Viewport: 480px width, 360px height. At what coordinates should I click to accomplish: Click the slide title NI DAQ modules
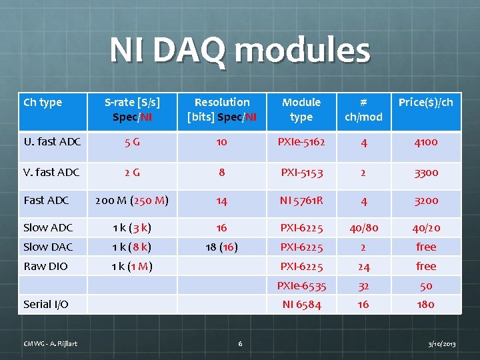[x=239, y=51]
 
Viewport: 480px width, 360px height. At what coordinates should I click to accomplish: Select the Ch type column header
[x=43, y=102]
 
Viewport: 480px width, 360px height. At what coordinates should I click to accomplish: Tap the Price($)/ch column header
[x=425, y=102]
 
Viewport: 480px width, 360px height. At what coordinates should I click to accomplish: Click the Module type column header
[x=301, y=109]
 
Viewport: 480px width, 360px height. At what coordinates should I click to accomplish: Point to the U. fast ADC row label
[x=52, y=141]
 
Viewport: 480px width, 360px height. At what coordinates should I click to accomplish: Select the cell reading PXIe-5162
[x=301, y=141]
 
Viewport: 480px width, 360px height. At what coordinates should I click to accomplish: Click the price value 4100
[x=425, y=141]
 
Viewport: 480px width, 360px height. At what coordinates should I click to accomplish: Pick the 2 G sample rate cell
[x=131, y=172]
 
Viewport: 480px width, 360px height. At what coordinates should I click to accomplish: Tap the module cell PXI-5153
[x=301, y=172]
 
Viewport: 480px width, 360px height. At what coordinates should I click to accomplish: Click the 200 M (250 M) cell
[x=131, y=200]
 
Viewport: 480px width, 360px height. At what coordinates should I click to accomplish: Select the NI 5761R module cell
[x=301, y=200]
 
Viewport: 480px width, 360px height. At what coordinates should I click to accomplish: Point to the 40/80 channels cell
[x=363, y=227]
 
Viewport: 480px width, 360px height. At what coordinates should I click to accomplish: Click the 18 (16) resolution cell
[x=222, y=247]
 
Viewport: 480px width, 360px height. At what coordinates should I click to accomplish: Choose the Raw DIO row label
[x=45, y=266]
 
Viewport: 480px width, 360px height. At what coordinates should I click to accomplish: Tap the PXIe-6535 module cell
[x=301, y=285]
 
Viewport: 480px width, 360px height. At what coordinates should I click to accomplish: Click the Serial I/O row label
[x=46, y=304]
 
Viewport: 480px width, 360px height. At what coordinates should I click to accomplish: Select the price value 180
[x=425, y=304]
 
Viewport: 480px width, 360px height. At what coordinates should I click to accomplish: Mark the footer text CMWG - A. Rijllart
[x=51, y=343]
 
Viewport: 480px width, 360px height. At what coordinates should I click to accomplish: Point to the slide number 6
[x=240, y=343]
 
